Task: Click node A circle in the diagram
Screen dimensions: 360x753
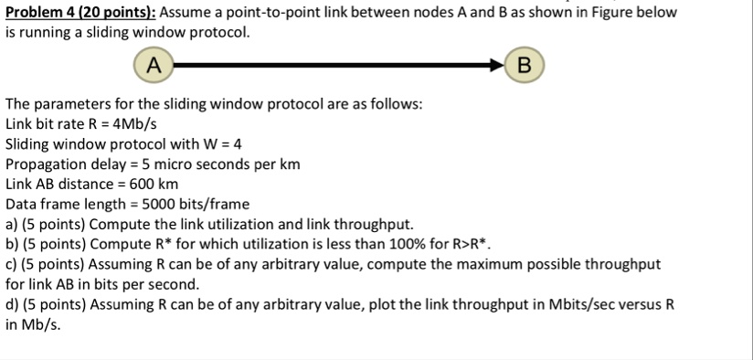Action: click(154, 65)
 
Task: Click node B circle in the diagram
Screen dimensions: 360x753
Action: click(523, 65)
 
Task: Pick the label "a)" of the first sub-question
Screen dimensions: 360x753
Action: click(13, 225)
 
